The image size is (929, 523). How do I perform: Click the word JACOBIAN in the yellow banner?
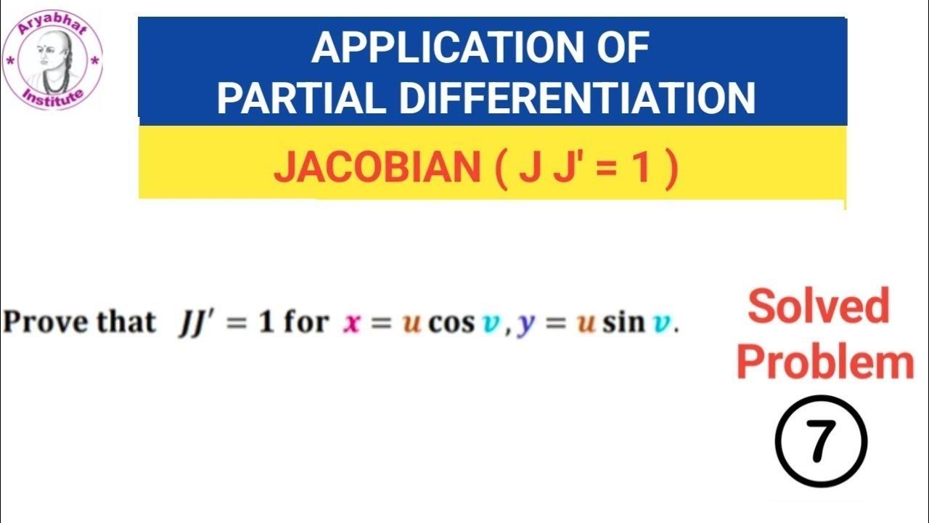click(x=377, y=169)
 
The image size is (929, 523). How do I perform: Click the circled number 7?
click(x=821, y=442)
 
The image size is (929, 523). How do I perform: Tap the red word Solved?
click(x=818, y=307)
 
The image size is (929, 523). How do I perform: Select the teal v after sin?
click(x=662, y=323)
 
